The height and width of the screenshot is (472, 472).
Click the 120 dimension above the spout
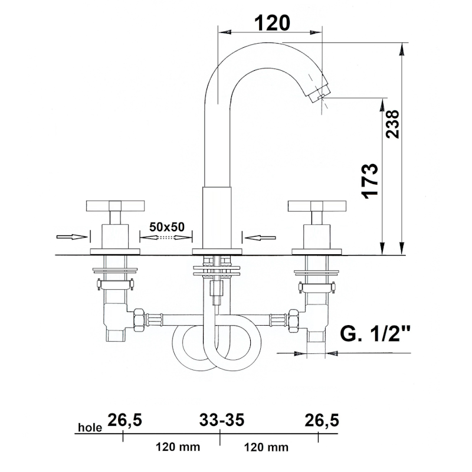click(273, 23)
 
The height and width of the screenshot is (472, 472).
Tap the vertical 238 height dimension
click(392, 124)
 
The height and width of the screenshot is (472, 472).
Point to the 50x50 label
click(167, 227)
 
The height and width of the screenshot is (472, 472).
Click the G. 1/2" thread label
click(375, 333)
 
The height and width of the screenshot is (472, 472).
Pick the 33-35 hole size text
click(222, 420)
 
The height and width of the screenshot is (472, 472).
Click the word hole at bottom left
click(90, 427)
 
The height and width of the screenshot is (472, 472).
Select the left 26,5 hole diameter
click(124, 420)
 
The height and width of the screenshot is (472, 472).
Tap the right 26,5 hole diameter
click(322, 420)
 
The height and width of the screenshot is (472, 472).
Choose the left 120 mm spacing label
click(178, 447)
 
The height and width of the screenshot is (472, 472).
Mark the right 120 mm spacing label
click(266, 447)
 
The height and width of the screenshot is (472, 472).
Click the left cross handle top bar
click(115, 206)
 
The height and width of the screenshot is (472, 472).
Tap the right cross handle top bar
click(317, 206)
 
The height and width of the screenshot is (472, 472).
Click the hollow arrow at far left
click(72, 237)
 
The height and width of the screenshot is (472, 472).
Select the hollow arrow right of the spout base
click(260, 238)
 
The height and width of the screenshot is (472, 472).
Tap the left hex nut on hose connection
click(139, 320)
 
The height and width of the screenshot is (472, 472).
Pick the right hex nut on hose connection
click(293, 320)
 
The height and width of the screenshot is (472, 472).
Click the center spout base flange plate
click(217, 252)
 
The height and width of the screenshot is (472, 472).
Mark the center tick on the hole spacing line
click(220, 437)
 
